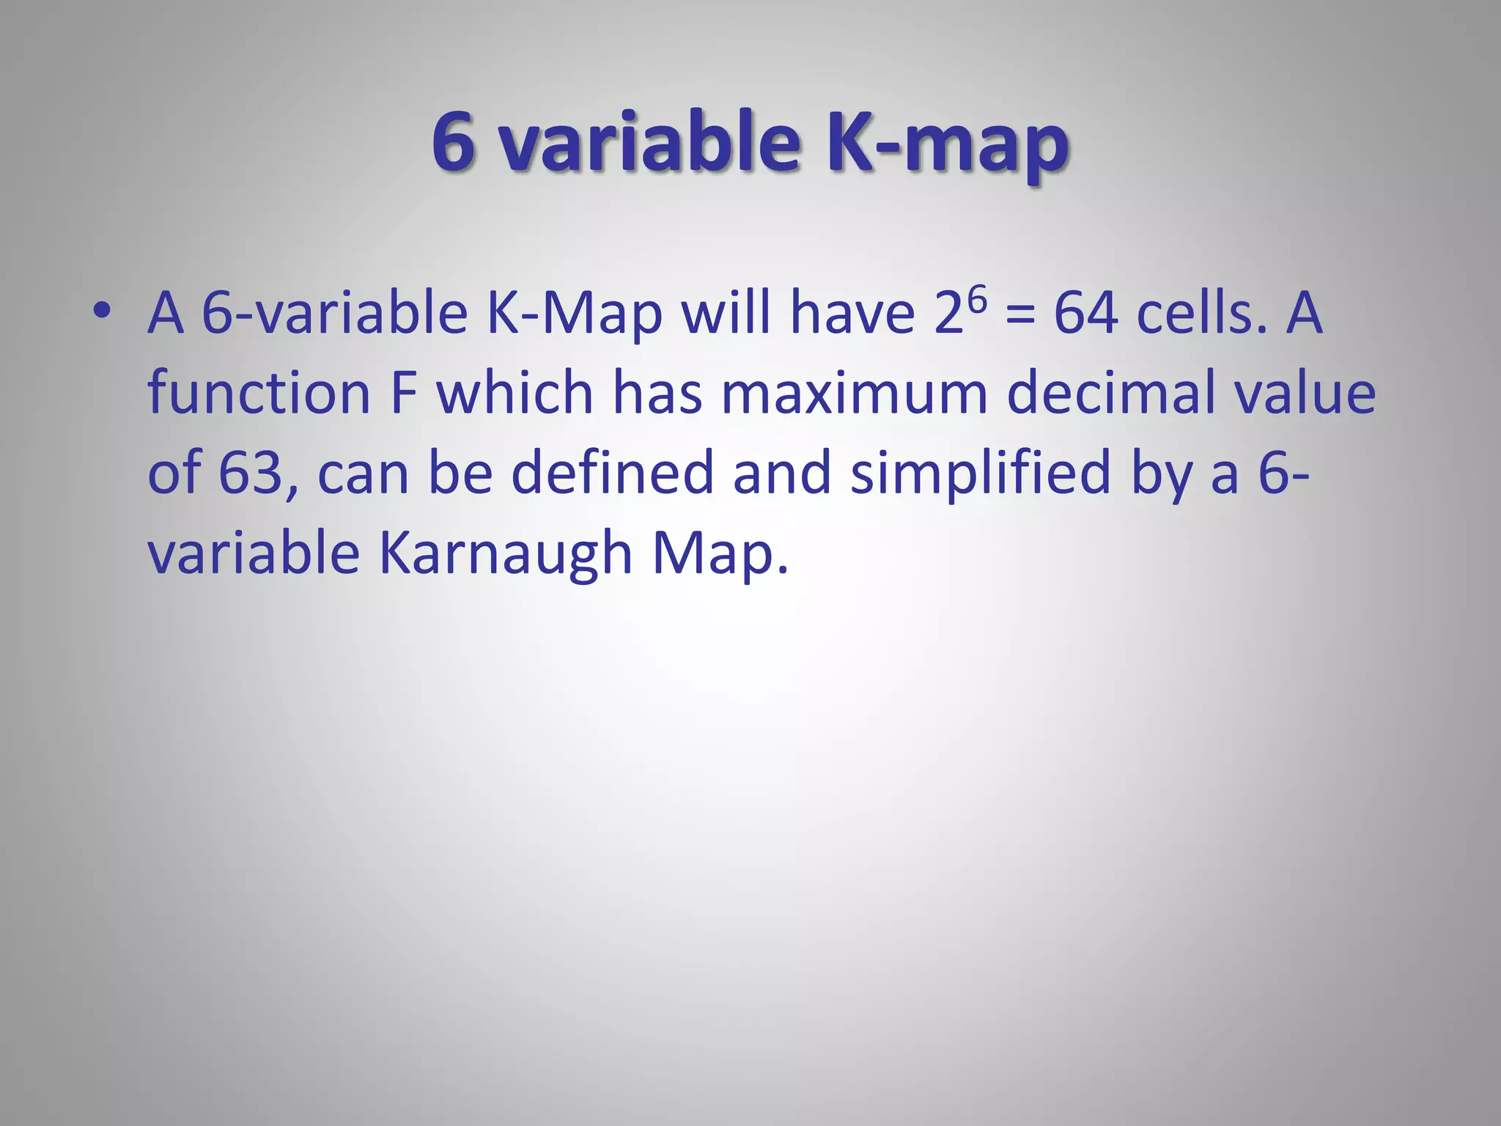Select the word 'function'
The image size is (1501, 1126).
(x=259, y=393)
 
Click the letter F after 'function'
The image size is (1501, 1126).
(x=404, y=393)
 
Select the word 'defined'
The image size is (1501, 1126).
(x=612, y=472)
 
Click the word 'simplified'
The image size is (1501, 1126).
(x=981, y=474)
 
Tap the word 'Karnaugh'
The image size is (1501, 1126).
(x=506, y=554)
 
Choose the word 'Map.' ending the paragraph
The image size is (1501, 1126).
(x=720, y=554)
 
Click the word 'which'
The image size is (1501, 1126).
(x=515, y=393)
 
